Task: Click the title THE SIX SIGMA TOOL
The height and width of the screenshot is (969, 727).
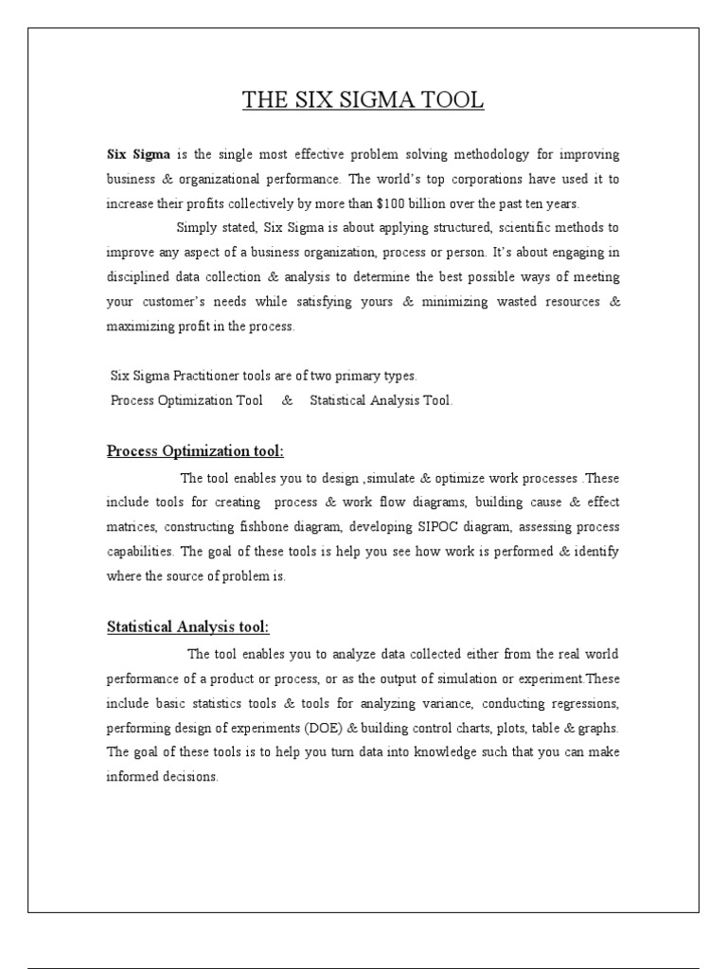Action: click(x=363, y=101)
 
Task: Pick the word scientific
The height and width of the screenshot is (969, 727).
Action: click(x=520, y=228)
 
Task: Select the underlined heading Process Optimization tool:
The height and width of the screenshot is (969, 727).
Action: click(x=195, y=449)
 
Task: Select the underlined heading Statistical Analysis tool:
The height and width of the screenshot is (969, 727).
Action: click(x=187, y=626)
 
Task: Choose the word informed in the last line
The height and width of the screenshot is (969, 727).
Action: click(x=133, y=777)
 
